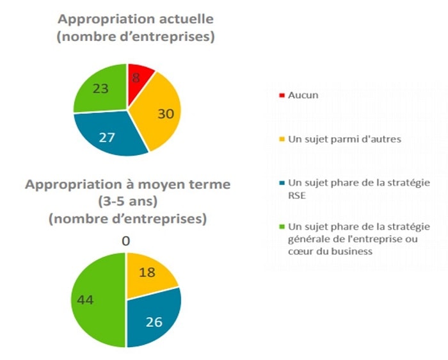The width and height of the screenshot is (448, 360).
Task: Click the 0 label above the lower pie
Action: [126, 241]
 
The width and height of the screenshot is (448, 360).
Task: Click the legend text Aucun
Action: [303, 95]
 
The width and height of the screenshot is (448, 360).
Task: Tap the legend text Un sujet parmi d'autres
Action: [344, 140]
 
